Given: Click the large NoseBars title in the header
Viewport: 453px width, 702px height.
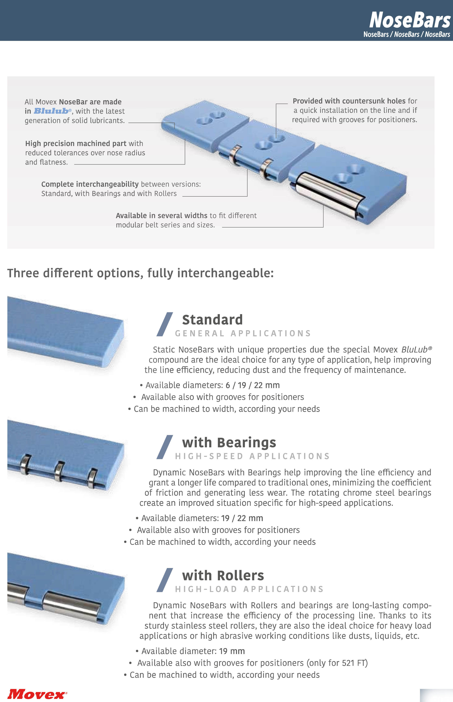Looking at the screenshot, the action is (410, 20).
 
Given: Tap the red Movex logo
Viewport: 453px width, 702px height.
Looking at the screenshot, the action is (37, 694).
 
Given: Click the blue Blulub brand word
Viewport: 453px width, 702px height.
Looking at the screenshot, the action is (51, 111).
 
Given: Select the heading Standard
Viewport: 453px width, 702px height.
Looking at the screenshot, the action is (212, 320).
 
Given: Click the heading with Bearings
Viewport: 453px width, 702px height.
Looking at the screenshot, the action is (229, 443).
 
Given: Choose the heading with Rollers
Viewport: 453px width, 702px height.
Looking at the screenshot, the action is (223, 575).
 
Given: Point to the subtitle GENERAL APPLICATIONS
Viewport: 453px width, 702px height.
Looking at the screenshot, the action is (243, 333).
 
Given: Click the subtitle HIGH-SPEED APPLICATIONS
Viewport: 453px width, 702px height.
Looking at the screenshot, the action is (252, 456).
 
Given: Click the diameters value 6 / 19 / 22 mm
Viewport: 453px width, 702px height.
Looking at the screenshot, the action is (253, 385).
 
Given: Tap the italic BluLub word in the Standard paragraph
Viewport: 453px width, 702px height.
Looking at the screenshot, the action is (414, 349).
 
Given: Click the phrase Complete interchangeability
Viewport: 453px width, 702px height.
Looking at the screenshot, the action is (90, 184).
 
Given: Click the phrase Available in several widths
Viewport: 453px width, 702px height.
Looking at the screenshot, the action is (161, 215).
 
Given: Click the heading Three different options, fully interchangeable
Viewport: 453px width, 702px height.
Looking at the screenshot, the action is (141, 273).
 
